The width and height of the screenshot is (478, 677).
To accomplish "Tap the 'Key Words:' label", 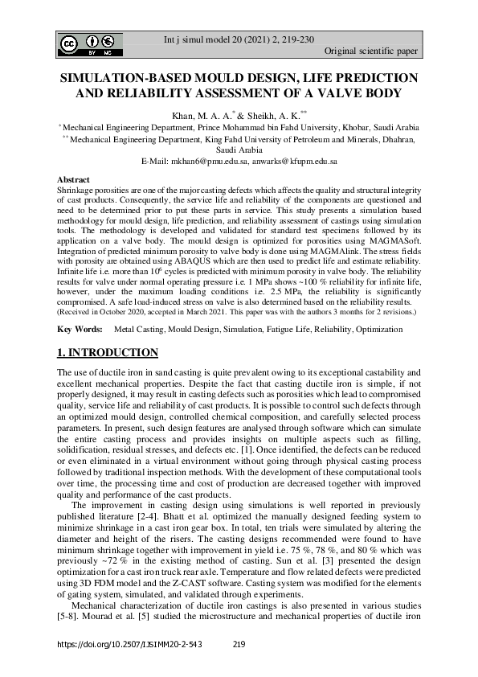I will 80,330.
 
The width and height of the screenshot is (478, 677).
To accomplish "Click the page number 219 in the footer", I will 238,646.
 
